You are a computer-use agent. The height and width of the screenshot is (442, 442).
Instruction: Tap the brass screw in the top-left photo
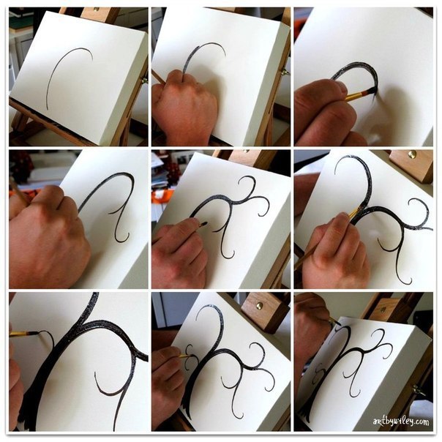pyautogui.click(x=97, y=10)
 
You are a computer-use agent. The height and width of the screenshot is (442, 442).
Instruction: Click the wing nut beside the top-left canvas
pyautogui.click(x=143, y=80)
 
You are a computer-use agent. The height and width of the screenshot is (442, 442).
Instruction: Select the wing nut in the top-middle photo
pyautogui.click(x=285, y=72)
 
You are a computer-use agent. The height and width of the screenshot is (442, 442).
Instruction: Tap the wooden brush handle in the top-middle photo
pyautogui.click(x=158, y=77)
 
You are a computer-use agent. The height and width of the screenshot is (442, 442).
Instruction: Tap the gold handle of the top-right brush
pyautogui.click(x=353, y=96)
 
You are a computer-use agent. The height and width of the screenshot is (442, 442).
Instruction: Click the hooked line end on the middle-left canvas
pyautogui.click(x=124, y=238)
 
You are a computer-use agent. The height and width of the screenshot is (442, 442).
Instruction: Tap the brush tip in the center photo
pyautogui.click(x=204, y=224)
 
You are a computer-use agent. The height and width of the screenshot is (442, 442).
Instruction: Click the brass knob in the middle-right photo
pyautogui.click(x=413, y=154)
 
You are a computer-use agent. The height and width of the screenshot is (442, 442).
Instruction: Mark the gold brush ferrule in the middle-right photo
pyautogui.click(x=355, y=213)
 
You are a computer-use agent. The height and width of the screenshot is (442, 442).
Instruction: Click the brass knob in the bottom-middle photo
pyautogui.click(x=260, y=306)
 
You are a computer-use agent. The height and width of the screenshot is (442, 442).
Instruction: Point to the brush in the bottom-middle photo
pyautogui.click(x=187, y=356)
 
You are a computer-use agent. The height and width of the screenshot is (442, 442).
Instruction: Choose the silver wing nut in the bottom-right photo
pyautogui.click(x=419, y=391)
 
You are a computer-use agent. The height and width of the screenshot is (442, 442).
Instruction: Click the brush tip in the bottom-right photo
pyautogui.click(x=338, y=323)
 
